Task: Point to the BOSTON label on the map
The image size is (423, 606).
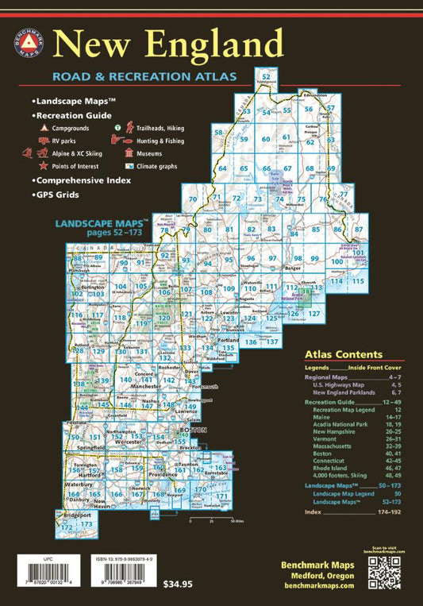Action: (194, 429)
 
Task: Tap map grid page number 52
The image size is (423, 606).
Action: (266, 77)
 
